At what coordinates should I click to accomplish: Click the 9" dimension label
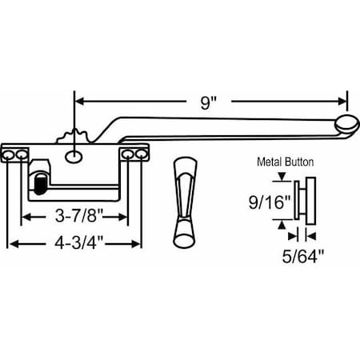[x=210, y=102]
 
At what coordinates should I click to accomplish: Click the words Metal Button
[x=285, y=161]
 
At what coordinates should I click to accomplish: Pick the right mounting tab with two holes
[x=133, y=153]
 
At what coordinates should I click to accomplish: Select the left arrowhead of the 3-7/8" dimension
[x=26, y=217]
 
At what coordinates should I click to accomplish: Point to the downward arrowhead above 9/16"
[x=280, y=179]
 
